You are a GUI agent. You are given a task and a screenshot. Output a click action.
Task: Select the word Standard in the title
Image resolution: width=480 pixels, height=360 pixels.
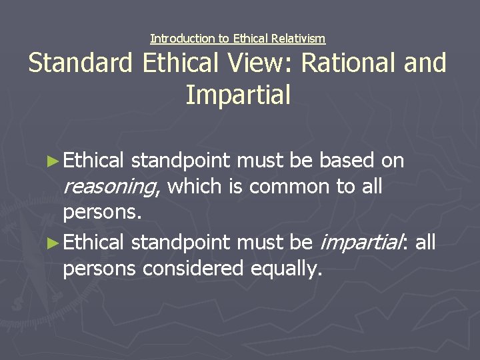pyautogui.click(x=81, y=63)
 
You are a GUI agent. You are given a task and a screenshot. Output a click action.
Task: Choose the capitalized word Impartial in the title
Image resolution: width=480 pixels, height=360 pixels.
pyautogui.click(x=238, y=95)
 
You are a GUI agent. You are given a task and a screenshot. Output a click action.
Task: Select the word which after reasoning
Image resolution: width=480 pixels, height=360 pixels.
pyautogui.click(x=195, y=187)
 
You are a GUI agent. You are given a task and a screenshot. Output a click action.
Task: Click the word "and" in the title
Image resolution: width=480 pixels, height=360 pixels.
pyautogui.click(x=426, y=63)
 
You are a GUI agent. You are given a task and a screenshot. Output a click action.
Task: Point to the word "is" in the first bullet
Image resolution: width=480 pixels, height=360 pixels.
pyautogui.click(x=237, y=187)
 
